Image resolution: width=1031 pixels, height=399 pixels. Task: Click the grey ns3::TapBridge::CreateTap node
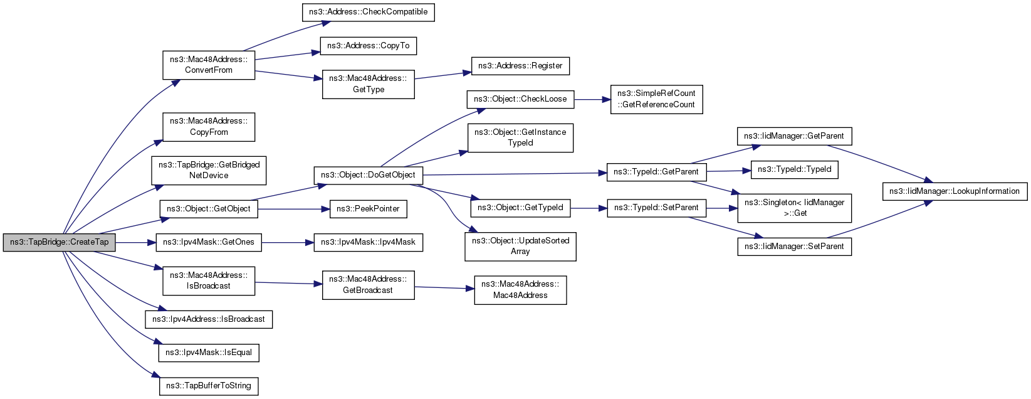(x=59, y=242)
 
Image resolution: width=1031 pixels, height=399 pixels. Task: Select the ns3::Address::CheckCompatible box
(x=368, y=13)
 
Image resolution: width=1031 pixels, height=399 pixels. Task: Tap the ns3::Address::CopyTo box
(x=368, y=46)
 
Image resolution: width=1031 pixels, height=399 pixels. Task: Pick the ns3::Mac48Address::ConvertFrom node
(x=209, y=65)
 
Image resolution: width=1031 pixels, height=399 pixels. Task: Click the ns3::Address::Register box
(x=520, y=66)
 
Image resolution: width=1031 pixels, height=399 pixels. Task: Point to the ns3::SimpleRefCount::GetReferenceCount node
(x=656, y=99)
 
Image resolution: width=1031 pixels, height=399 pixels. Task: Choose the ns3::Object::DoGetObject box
(x=368, y=175)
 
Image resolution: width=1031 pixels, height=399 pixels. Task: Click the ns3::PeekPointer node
(x=368, y=209)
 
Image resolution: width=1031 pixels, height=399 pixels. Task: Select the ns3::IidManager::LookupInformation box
(x=955, y=191)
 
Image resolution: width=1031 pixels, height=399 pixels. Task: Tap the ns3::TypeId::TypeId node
(x=794, y=169)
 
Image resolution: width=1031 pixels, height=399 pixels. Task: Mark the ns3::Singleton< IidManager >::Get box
(x=794, y=208)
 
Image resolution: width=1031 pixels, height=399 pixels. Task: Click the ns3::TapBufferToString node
(x=209, y=386)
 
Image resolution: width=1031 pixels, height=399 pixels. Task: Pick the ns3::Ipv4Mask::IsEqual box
(x=209, y=353)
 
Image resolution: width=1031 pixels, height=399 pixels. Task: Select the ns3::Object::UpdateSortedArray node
(x=520, y=246)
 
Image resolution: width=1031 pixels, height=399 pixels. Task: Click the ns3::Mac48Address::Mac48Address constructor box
(x=520, y=290)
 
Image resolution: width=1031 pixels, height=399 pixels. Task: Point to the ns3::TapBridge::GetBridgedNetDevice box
(x=209, y=170)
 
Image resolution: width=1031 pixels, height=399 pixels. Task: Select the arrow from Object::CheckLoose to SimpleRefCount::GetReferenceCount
(x=592, y=99)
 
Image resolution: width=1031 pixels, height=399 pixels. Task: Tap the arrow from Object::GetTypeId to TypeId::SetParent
(x=589, y=208)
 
